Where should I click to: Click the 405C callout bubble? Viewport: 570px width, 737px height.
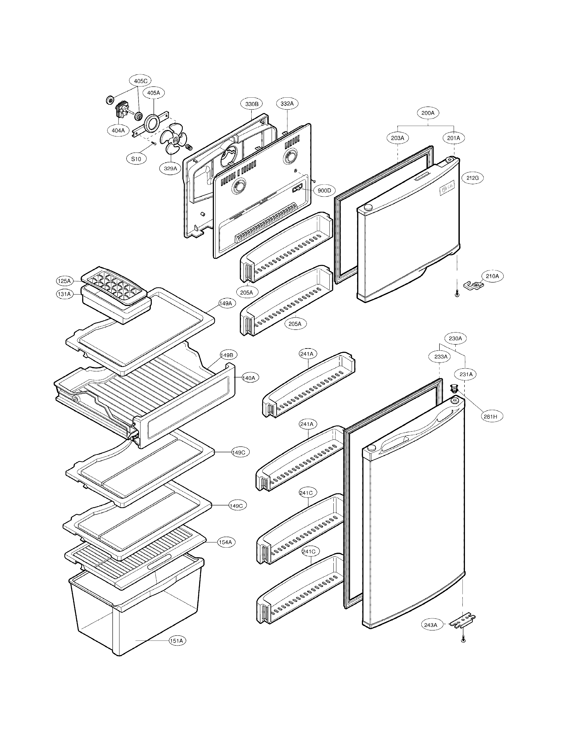[140, 81]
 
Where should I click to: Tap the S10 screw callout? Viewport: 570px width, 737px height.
[136, 159]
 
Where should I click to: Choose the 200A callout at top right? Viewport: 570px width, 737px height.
[428, 113]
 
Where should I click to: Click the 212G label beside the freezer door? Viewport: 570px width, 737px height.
[472, 178]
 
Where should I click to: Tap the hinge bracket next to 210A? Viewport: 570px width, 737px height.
[474, 285]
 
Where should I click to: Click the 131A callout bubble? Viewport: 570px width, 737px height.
[64, 294]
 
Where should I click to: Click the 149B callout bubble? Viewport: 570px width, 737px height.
[229, 355]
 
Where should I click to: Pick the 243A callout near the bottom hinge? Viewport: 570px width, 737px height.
[431, 625]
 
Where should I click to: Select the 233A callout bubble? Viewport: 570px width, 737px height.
[441, 356]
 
